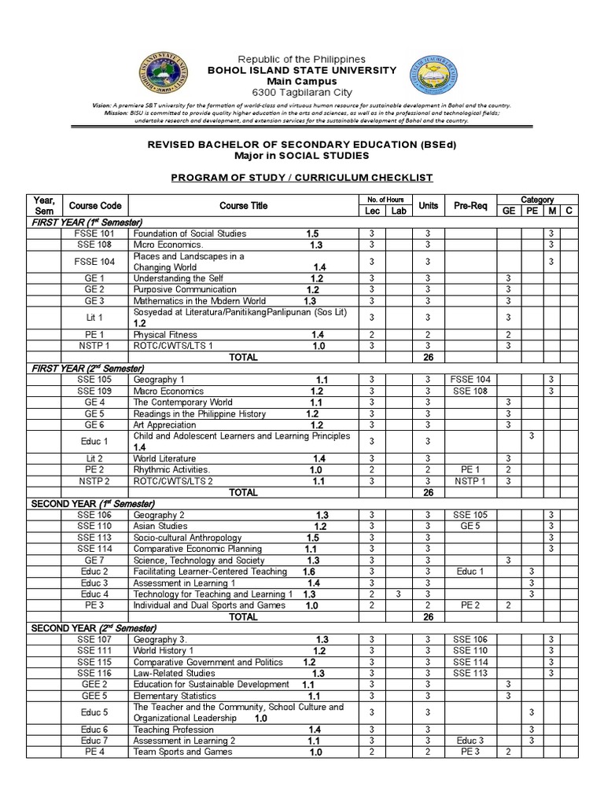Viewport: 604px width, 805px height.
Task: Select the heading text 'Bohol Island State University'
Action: tap(301, 70)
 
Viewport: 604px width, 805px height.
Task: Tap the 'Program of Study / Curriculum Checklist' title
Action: tap(301, 178)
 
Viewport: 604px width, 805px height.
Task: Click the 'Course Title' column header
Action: tap(243, 206)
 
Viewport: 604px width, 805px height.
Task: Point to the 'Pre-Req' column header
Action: tap(470, 206)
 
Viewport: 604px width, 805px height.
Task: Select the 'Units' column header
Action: tap(428, 206)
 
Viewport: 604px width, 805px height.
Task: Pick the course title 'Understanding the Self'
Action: tap(178, 278)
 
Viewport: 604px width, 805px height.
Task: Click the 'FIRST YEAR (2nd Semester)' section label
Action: tap(87, 368)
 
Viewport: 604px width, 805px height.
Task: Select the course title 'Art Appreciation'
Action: tap(164, 425)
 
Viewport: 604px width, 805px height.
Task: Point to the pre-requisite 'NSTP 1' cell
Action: tap(470, 481)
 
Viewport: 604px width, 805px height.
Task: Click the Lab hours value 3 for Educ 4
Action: tap(399, 594)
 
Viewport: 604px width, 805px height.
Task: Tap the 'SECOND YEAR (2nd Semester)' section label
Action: tap(93, 629)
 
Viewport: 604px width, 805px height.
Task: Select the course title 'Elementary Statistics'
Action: tap(175, 696)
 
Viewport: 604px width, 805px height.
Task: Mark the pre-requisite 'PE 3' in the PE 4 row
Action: tap(470, 752)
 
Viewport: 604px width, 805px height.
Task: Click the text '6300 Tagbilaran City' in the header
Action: tap(301, 92)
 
